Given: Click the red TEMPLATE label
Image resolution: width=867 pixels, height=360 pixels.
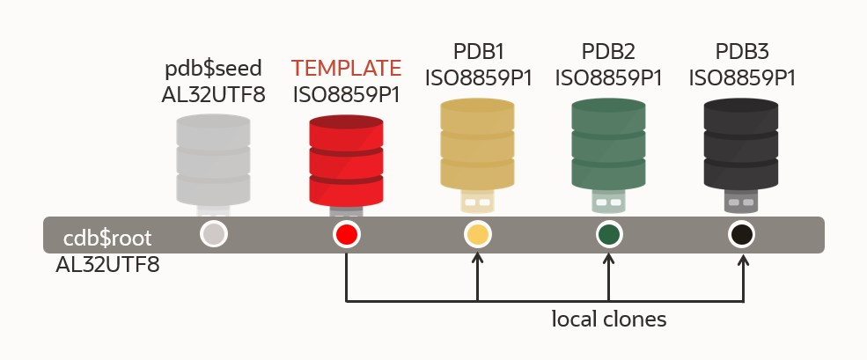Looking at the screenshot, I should tap(346, 68).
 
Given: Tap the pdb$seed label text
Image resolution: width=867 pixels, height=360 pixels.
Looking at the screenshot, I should tap(213, 69).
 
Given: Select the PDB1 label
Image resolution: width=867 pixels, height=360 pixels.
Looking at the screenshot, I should tap(478, 50).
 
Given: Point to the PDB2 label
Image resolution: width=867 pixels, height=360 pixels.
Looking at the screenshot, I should tap(608, 50).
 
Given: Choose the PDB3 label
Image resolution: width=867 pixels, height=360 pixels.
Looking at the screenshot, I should tap(741, 50).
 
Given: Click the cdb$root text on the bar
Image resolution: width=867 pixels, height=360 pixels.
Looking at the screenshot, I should tap(108, 239).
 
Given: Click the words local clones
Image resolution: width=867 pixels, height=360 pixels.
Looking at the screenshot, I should tap(608, 319).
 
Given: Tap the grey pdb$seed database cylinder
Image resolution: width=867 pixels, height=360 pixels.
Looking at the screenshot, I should tap(214, 159).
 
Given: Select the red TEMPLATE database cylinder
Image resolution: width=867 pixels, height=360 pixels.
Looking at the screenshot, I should tap(346, 159).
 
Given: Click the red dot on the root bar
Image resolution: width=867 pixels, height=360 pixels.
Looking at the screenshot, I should tap(346, 234).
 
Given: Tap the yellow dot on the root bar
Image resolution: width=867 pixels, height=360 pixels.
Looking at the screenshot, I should tap(477, 235).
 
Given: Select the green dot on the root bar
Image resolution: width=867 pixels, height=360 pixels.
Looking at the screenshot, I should tap(608, 235).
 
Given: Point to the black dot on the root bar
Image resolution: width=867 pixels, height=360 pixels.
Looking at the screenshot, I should tap(741, 235).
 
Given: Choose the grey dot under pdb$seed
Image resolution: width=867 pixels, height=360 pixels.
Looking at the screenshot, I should tap(214, 234).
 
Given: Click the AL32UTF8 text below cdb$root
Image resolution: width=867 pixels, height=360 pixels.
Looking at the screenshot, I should tap(107, 263).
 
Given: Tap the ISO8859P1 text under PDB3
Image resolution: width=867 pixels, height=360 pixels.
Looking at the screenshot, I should tap(741, 78).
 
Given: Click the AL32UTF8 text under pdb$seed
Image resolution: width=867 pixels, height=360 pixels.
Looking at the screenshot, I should tap(213, 94).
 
